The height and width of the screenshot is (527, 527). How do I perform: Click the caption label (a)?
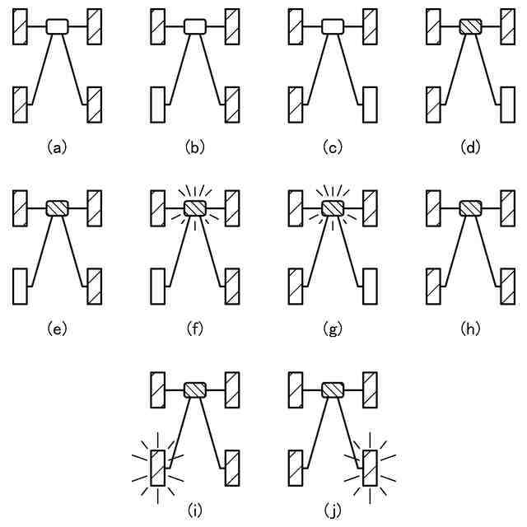56,147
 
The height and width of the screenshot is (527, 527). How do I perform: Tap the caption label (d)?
470,147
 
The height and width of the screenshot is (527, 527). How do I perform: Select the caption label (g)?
332,329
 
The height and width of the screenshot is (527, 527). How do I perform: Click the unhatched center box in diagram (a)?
56,26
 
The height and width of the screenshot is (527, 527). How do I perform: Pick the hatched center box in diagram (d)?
470,26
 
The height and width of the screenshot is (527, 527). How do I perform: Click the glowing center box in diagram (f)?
194,208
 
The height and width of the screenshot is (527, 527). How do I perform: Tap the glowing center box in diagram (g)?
332,208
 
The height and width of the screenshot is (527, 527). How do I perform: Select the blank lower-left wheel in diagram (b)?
159,103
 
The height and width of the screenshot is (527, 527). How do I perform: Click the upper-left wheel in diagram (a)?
21,26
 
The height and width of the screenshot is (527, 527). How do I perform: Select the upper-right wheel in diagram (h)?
507,208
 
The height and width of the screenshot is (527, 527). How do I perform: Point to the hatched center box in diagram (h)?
470,208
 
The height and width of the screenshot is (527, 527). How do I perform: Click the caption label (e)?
56,329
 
